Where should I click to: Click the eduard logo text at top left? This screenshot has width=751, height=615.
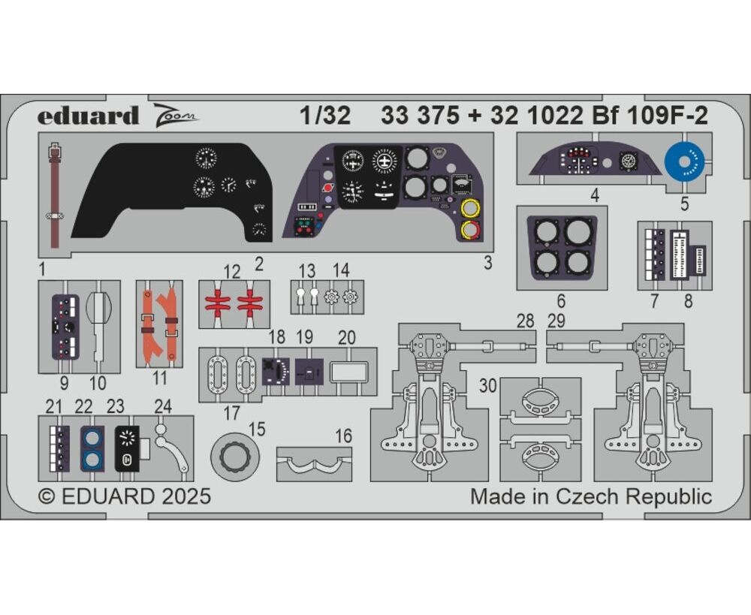[x=88, y=116]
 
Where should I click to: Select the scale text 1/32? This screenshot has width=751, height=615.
[x=326, y=116]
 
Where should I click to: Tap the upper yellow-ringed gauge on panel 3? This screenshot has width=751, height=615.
[x=470, y=209]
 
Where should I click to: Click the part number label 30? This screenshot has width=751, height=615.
[x=488, y=385]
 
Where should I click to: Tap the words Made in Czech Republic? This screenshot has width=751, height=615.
[x=590, y=496]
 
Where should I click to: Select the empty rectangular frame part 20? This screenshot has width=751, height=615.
[x=349, y=372]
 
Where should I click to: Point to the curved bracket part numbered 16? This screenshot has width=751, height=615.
[x=314, y=463]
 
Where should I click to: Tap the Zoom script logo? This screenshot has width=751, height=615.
[x=176, y=116]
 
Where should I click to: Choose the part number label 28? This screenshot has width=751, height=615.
[x=526, y=321]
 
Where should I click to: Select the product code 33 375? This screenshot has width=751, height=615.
[x=420, y=116]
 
